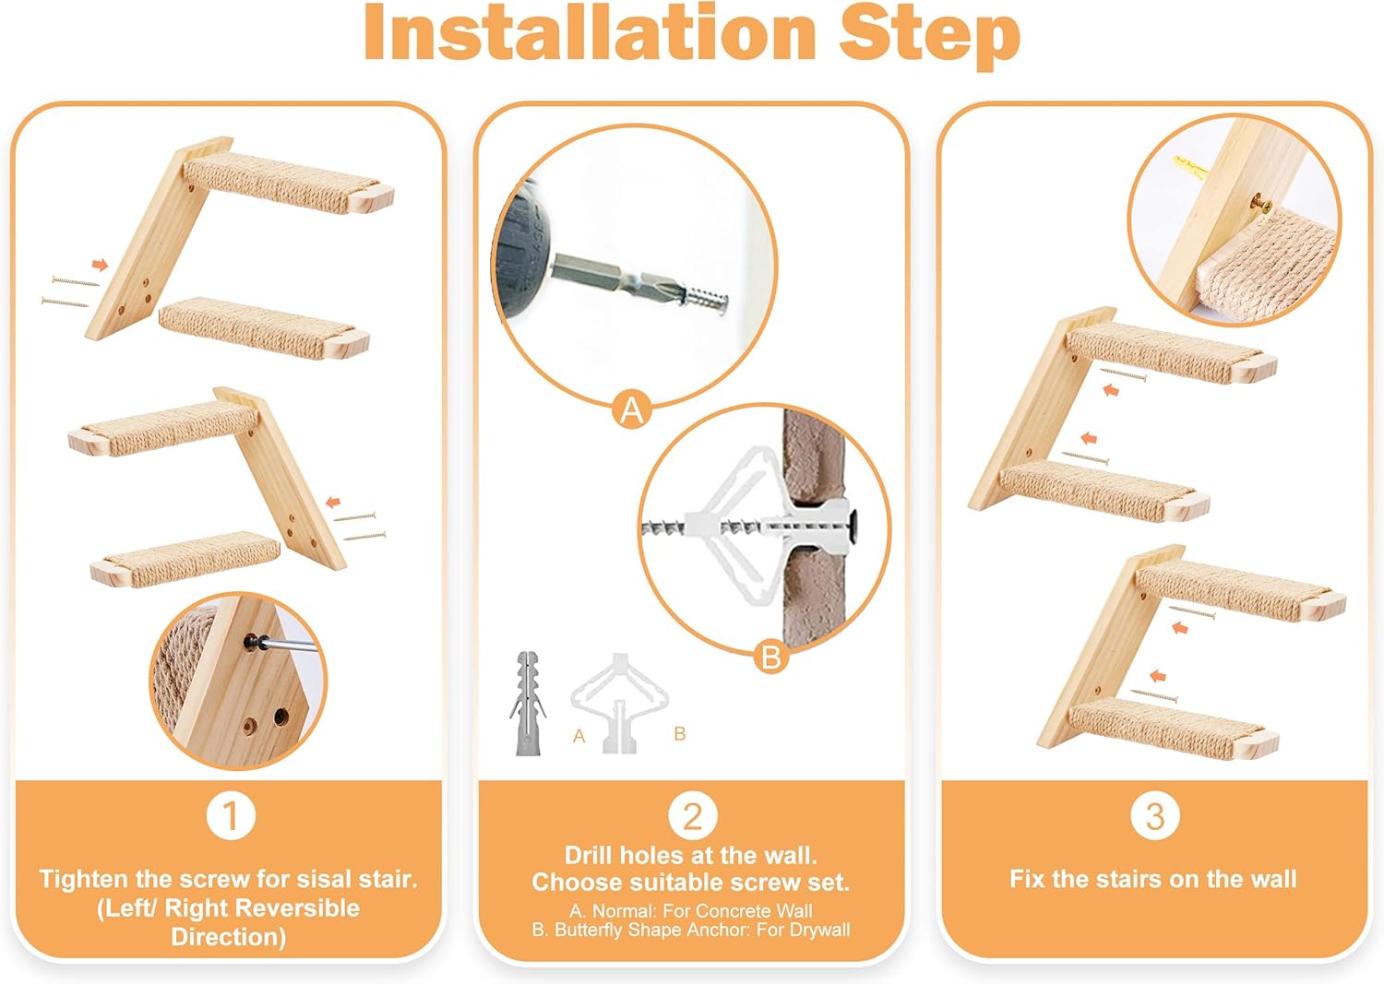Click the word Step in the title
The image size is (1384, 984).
pos(928,33)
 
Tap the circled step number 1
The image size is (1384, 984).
pos(231,815)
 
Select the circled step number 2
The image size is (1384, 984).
pos(692,815)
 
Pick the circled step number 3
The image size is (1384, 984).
pos(1154,815)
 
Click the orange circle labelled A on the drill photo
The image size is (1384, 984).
pos(632,409)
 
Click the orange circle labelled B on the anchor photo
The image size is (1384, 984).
pos(770,657)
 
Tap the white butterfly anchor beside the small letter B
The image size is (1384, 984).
pos(618,701)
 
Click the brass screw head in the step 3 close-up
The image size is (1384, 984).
pos(1260,202)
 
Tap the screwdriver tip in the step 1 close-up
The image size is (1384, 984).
pos(257,643)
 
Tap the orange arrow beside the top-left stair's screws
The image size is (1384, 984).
pos(100,266)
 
